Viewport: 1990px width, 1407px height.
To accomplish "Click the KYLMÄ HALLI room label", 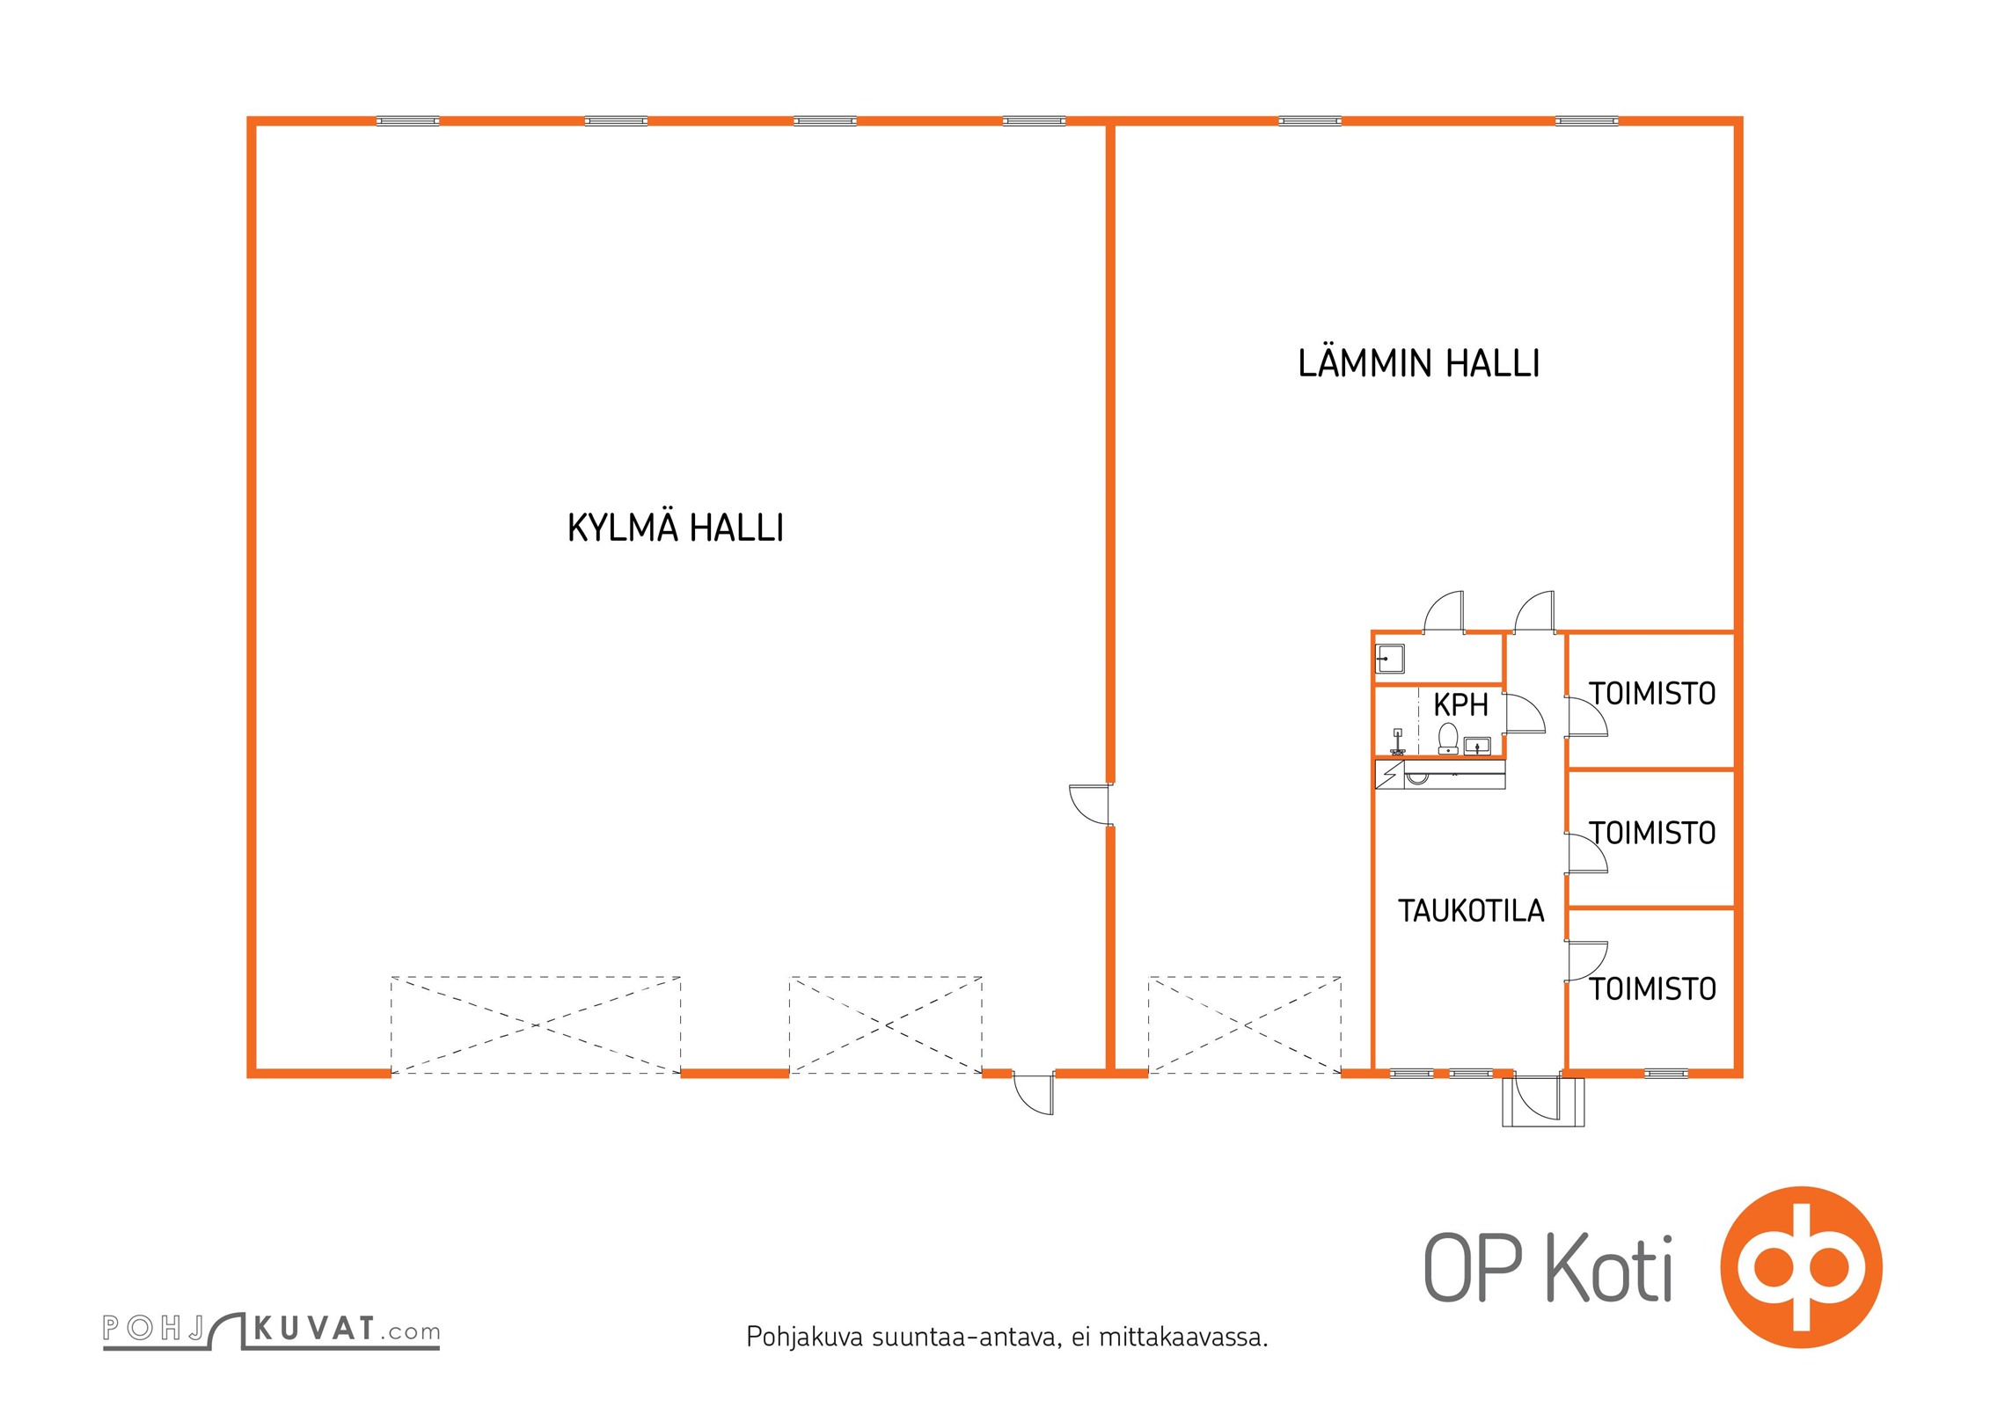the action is pyautogui.click(x=675, y=527).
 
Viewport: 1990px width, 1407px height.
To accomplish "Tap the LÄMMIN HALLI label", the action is pyautogui.click(x=1418, y=362).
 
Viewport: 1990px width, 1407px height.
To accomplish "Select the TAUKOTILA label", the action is pyautogui.click(x=1471, y=910).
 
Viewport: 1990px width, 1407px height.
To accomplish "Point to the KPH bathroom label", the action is pyautogui.click(x=1460, y=704).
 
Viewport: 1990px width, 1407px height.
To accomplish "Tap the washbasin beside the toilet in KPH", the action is pyautogui.click(x=1477, y=747).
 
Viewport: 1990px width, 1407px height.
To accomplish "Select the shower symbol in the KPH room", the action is pyautogui.click(x=1397, y=742).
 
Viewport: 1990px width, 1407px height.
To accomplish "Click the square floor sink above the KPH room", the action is pyautogui.click(x=1389, y=659).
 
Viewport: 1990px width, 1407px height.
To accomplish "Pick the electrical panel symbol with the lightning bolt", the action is pyautogui.click(x=1389, y=775).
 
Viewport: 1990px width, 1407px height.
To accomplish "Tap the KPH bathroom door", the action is pyautogui.click(x=1524, y=713).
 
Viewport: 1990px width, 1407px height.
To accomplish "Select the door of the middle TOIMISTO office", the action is pyautogui.click(x=1586, y=853).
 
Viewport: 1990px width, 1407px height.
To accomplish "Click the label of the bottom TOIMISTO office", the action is pyautogui.click(x=1652, y=989).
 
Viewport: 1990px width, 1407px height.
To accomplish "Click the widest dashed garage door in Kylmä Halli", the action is pyautogui.click(x=536, y=1025).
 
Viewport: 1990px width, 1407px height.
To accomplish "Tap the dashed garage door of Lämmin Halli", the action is pyautogui.click(x=1245, y=1025).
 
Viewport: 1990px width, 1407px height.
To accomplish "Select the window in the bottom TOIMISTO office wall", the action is pyautogui.click(x=1666, y=1073).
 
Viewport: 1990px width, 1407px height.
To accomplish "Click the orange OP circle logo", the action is pyautogui.click(x=1801, y=1266).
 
